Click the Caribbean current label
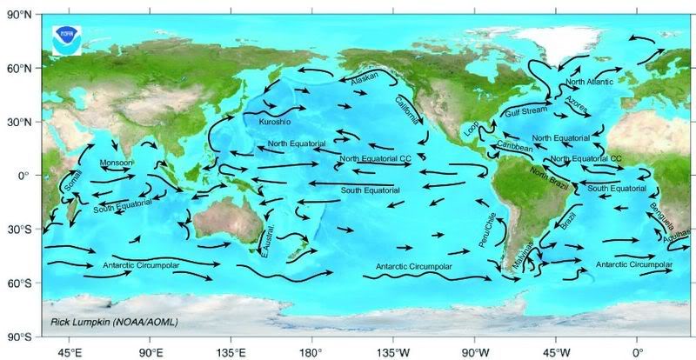[x=514, y=146]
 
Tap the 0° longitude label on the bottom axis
[x=637, y=353]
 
